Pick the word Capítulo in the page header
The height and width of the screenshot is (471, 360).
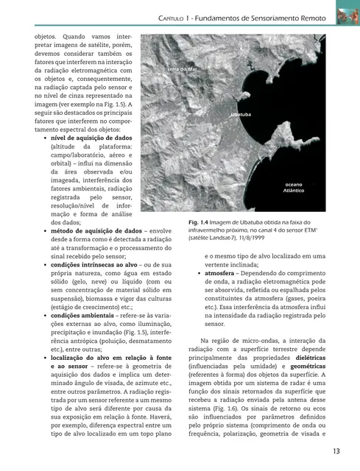(x=176, y=17)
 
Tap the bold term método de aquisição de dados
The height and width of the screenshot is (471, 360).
(x=96, y=230)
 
